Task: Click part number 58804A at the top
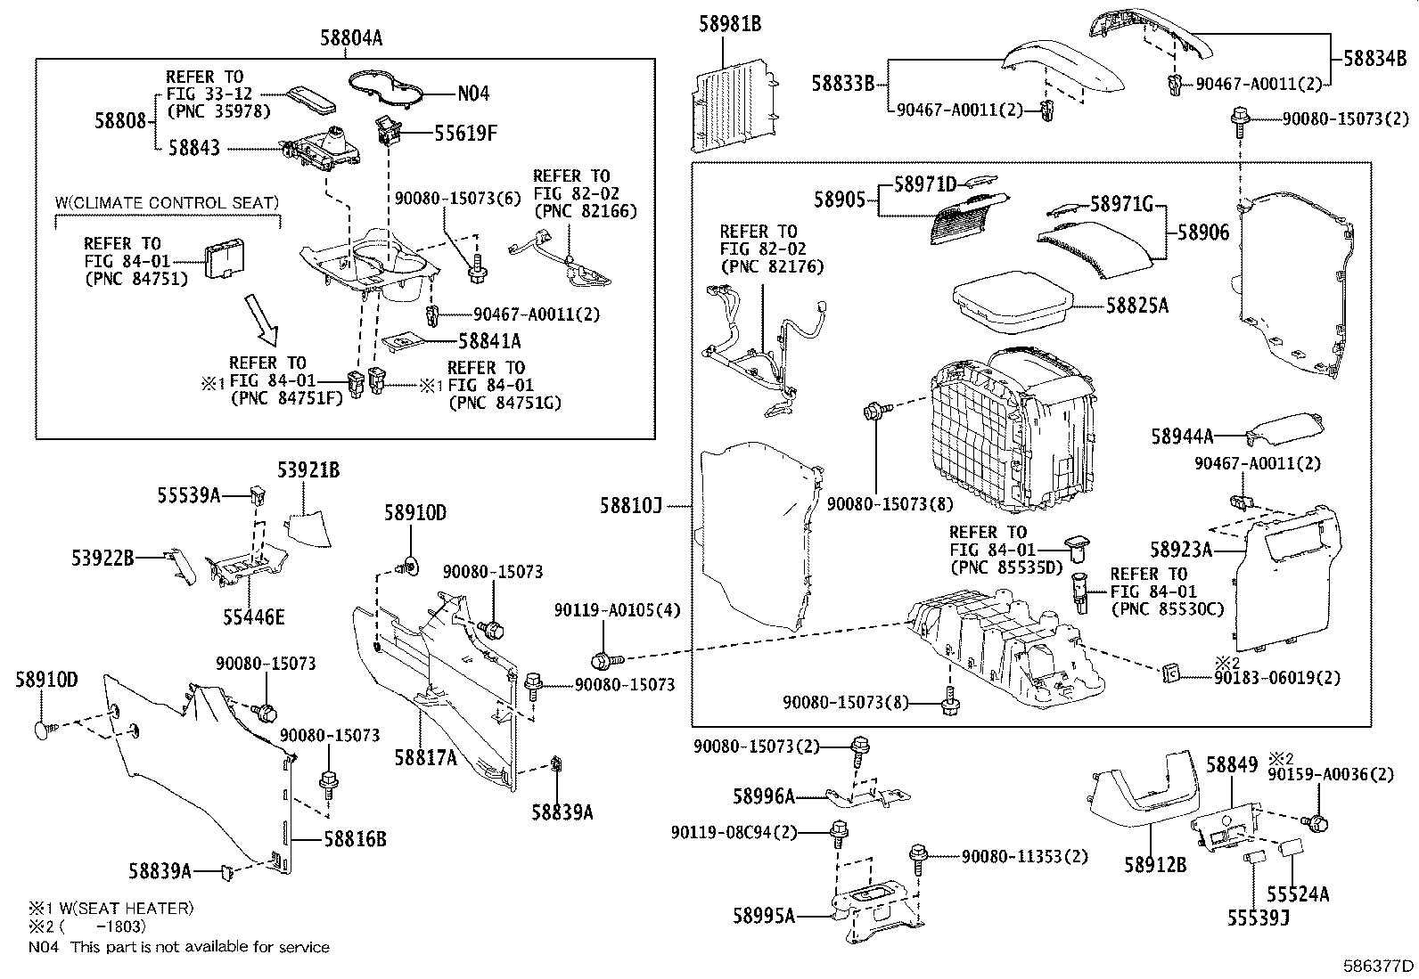pyautogui.click(x=351, y=37)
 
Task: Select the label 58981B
pyautogui.click(x=729, y=24)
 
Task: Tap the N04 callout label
pyautogui.click(x=473, y=94)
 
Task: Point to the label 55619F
pyautogui.click(x=465, y=134)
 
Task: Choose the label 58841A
pyautogui.click(x=489, y=340)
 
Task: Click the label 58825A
pyautogui.click(x=1136, y=306)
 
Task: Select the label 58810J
pyautogui.click(x=631, y=506)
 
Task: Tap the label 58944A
pyautogui.click(x=1182, y=436)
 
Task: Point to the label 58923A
pyautogui.click(x=1181, y=551)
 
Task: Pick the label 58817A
pyautogui.click(x=426, y=757)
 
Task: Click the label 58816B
pyautogui.click(x=356, y=838)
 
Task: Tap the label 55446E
pyautogui.click(x=254, y=616)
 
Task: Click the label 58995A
pyautogui.click(x=764, y=915)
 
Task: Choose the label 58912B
pyautogui.click(x=1155, y=864)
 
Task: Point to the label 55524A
pyautogui.click(x=1298, y=893)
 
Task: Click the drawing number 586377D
pyautogui.click(x=1379, y=966)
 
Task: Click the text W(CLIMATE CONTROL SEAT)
pyautogui.click(x=167, y=203)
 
